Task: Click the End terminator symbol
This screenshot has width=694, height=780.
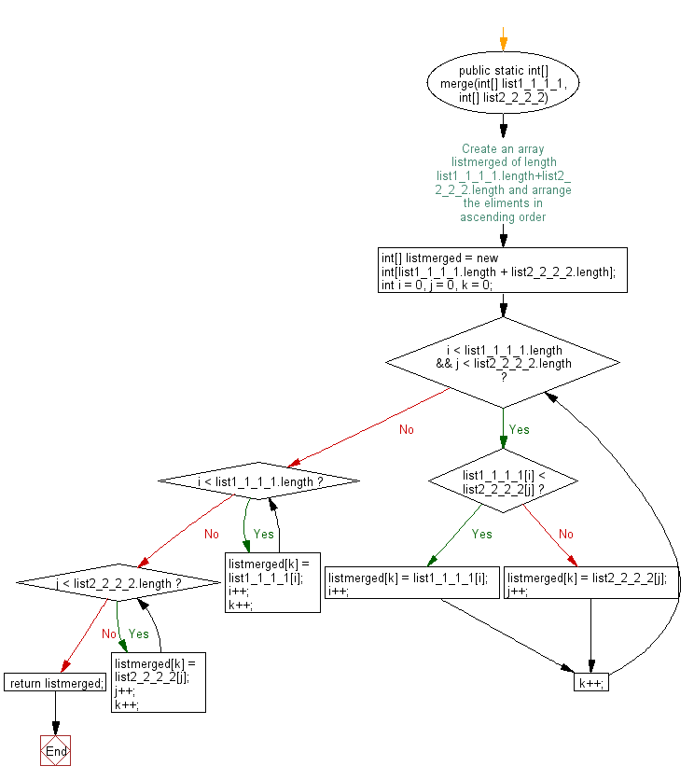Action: pyautogui.click(x=55, y=750)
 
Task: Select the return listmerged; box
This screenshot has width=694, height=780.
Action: pyautogui.click(x=55, y=683)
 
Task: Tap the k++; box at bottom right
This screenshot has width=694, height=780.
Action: pyautogui.click(x=591, y=683)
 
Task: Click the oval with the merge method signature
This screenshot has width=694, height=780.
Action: pyautogui.click(x=503, y=83)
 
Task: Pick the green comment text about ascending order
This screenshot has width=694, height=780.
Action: pyautogui.click(x=503, y=183)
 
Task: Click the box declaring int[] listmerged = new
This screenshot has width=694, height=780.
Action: pyautogui.click(x=503, y=271)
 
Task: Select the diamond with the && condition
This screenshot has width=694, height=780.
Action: pyautogui.click(x=503, y=363)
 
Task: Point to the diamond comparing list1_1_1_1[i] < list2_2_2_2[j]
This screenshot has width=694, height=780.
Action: pyautogui.click(x=503, y=481)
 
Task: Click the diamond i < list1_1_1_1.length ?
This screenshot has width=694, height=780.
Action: pyautogui.click(x=258, y=481)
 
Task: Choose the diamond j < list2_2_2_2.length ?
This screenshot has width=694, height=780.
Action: pyautogui.click(x=118, y=582)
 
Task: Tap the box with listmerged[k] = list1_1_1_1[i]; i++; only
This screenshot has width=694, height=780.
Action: pyautogui.click(x=412, y=582)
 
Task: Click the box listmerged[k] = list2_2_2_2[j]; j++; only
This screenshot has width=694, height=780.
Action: pyautogui.click(x=591, y=582)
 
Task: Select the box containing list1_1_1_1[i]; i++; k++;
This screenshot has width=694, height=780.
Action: pyautogui.click(x=272, y=582)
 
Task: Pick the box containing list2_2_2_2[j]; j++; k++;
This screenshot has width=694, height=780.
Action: pyautogui.click(x=159, y=683)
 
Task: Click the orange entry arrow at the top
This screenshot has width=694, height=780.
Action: pyautogui.click(x=503, y=39)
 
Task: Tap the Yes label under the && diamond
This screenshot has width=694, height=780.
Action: pyautogui.click(x=519, y=429)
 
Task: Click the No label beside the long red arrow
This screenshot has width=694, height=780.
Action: pyautogui.click(x=407, y=429)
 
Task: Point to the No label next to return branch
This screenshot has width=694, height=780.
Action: pyautogui.click(x=108, y=634)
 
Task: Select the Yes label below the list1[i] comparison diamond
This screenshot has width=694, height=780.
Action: pyautogui.click(x=481, y=534)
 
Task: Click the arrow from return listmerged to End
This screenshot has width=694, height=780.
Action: pyautogui.click(x=55, y=714)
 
